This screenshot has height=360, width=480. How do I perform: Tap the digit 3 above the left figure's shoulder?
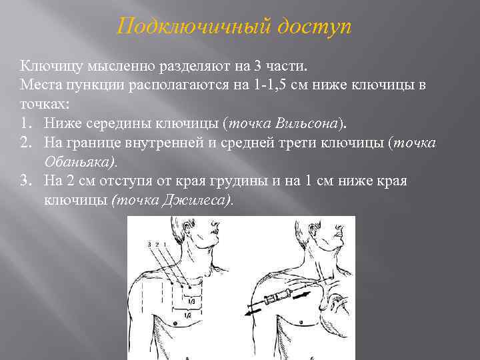pyautogui.click(x=149, y=245)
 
